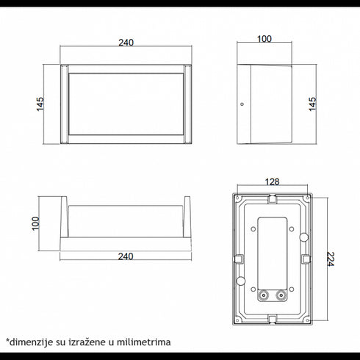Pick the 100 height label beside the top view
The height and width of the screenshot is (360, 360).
click(34, 223)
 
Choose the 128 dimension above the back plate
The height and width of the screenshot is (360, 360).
click(271, 181)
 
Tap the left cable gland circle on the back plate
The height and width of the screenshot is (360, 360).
click(262, 297)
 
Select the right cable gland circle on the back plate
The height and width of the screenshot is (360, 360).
click(280, 297)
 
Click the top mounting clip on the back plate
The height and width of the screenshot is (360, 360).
click(271, 199)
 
